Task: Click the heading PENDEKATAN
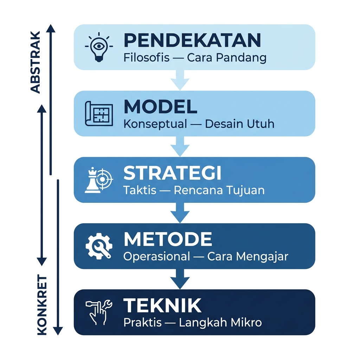tap(192, 41)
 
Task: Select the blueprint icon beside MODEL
tap(99, 113)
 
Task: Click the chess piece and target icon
tap(99, 180)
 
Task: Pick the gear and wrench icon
tap(99, 246)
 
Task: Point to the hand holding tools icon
tap(99, 311)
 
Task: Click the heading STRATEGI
tap(172, 173)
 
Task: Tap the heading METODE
tap(168, 240)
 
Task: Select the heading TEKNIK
tap(162, 306)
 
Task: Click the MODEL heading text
tap(160, 107)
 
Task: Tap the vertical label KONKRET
tap(42, 305)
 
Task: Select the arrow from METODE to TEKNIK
tap(180, 279)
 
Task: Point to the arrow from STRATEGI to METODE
tap(180, 213)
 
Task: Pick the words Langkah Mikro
tap(220, 323)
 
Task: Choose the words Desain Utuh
tap(239, 124)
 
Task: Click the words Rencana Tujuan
tap(219, 190)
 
